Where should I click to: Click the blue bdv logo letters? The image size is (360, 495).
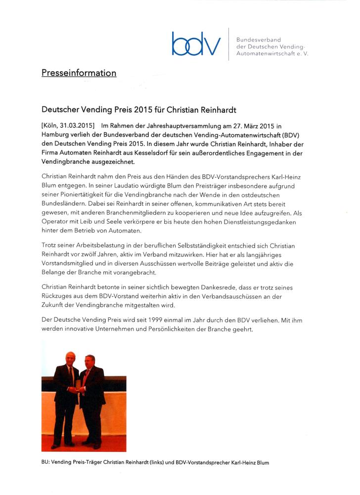pos(196,44)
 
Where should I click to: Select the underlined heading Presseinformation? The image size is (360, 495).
pos(79,73)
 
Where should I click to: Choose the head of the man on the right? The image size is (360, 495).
pos(90,361)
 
